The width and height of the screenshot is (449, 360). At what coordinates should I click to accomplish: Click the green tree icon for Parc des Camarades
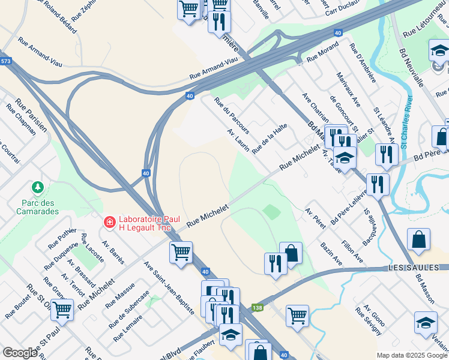38,188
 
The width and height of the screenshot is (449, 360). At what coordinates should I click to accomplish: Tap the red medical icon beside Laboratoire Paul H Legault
109,223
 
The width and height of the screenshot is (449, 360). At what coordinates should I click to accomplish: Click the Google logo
20,353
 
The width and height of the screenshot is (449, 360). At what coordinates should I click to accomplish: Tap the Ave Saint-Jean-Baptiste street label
169,288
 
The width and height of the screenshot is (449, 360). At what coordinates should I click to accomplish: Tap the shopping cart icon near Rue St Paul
62,310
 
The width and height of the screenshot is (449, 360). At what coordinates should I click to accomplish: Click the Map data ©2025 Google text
412,355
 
